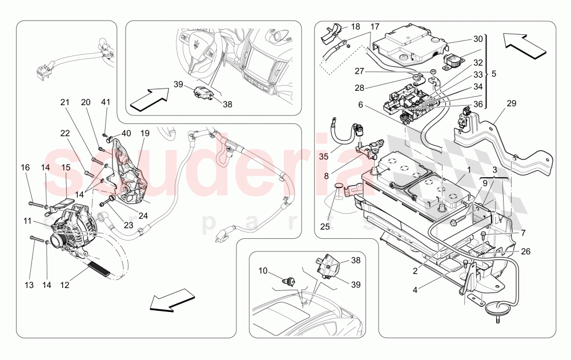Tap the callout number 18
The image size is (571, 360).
tap(355, 27)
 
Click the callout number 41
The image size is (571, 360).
tap(105, 102)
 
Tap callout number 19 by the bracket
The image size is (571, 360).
tap(145, 133)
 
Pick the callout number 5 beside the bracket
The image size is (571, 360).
tap(494, 74)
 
